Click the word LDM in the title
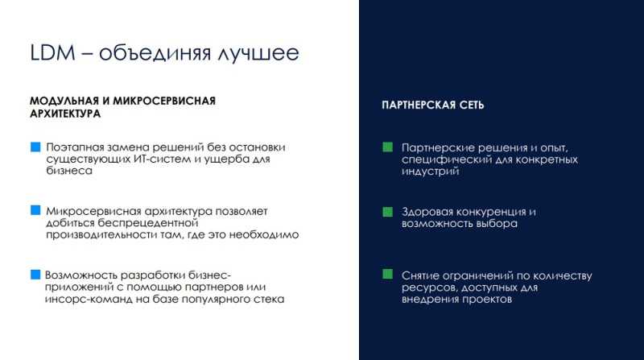coord(53,52)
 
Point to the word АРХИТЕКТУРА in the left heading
coord(65,114)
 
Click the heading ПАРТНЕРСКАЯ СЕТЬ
coord(433,106)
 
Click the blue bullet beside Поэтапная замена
coord(35,147)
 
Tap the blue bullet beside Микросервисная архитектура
coord(35,210)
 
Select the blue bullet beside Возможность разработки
coord(35,275)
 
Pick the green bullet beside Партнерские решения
coord(388,147)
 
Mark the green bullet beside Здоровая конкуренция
coord(388,212)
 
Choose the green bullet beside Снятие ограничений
coord(388,274)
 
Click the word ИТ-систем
coord(163,159)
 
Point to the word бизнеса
coord(69,171)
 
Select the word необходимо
coord(264,235)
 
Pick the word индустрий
coord(430,172)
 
